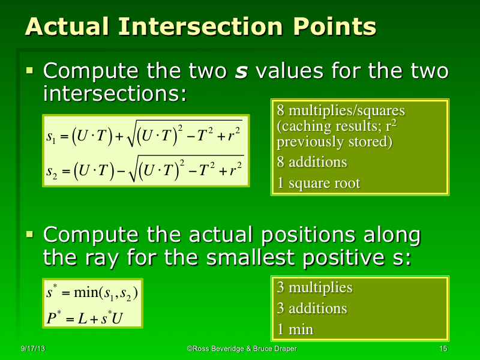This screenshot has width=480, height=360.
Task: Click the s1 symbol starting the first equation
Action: click(x=51, y=137)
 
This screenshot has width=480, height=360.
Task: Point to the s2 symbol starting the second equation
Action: click(x=52, y=172)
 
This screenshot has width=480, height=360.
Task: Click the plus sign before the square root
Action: click(x=118, y=136)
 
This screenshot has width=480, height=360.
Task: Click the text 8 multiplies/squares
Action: click(x=341, y=111)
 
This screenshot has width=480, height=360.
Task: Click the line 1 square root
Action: click(x=318, y=183)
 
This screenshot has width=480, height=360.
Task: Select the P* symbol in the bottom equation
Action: click(x=53, y=316)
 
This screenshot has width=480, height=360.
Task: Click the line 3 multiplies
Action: click(x=314, y=287)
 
